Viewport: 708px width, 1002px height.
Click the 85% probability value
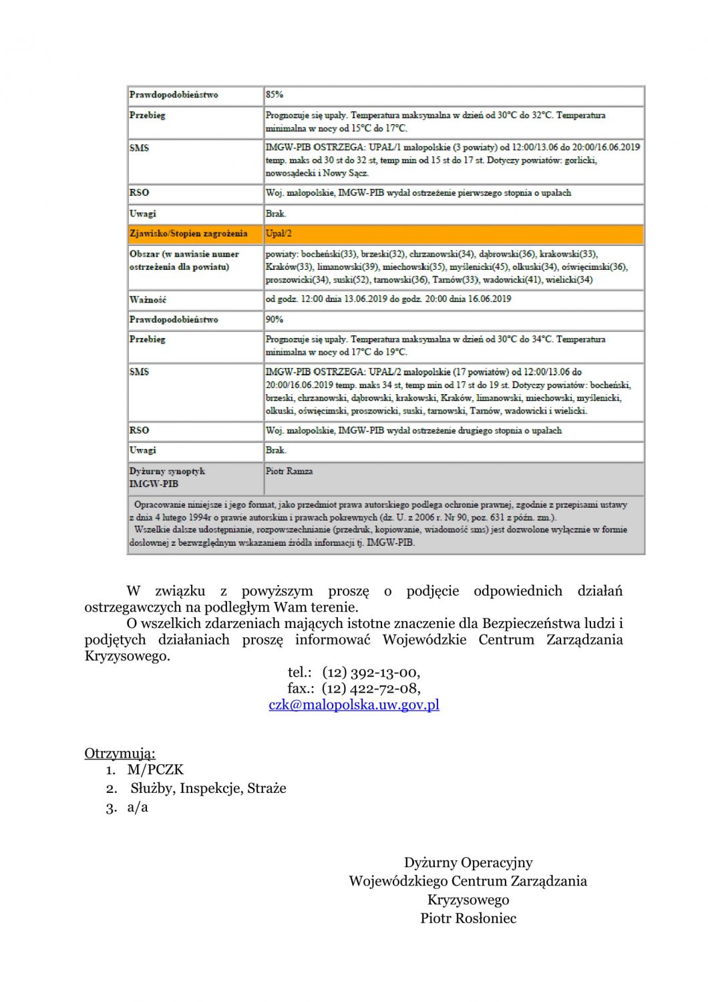point(275,95)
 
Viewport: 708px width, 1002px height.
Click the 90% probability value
point(275,319)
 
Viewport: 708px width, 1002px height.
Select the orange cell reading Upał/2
point(279,234)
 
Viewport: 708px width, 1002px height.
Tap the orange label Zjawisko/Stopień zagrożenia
point(188,234)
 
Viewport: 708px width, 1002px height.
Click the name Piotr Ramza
point(289,472)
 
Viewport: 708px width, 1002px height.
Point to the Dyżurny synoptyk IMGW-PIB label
point(167,478)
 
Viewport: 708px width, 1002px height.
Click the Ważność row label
point(148,299)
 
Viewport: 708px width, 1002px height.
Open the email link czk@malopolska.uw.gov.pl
point(354,705)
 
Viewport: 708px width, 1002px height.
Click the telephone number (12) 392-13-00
point(371,672)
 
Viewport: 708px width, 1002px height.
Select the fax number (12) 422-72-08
point(371,688)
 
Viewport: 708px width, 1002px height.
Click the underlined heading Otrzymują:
point(120,754)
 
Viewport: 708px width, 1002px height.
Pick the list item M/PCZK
point(155,770)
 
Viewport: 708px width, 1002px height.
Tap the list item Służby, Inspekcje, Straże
point(208,788)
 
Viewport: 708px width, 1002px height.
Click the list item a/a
point(138,807)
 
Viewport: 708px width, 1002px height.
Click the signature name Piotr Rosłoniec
point(468,918)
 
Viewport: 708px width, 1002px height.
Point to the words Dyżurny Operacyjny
point(468,862)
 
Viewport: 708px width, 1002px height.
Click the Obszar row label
point(184,261)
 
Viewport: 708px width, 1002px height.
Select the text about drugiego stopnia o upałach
point(413,431)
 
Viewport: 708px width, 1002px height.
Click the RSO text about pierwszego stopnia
point(418,193)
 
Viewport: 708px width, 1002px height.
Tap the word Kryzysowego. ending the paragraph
point(128,656)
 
